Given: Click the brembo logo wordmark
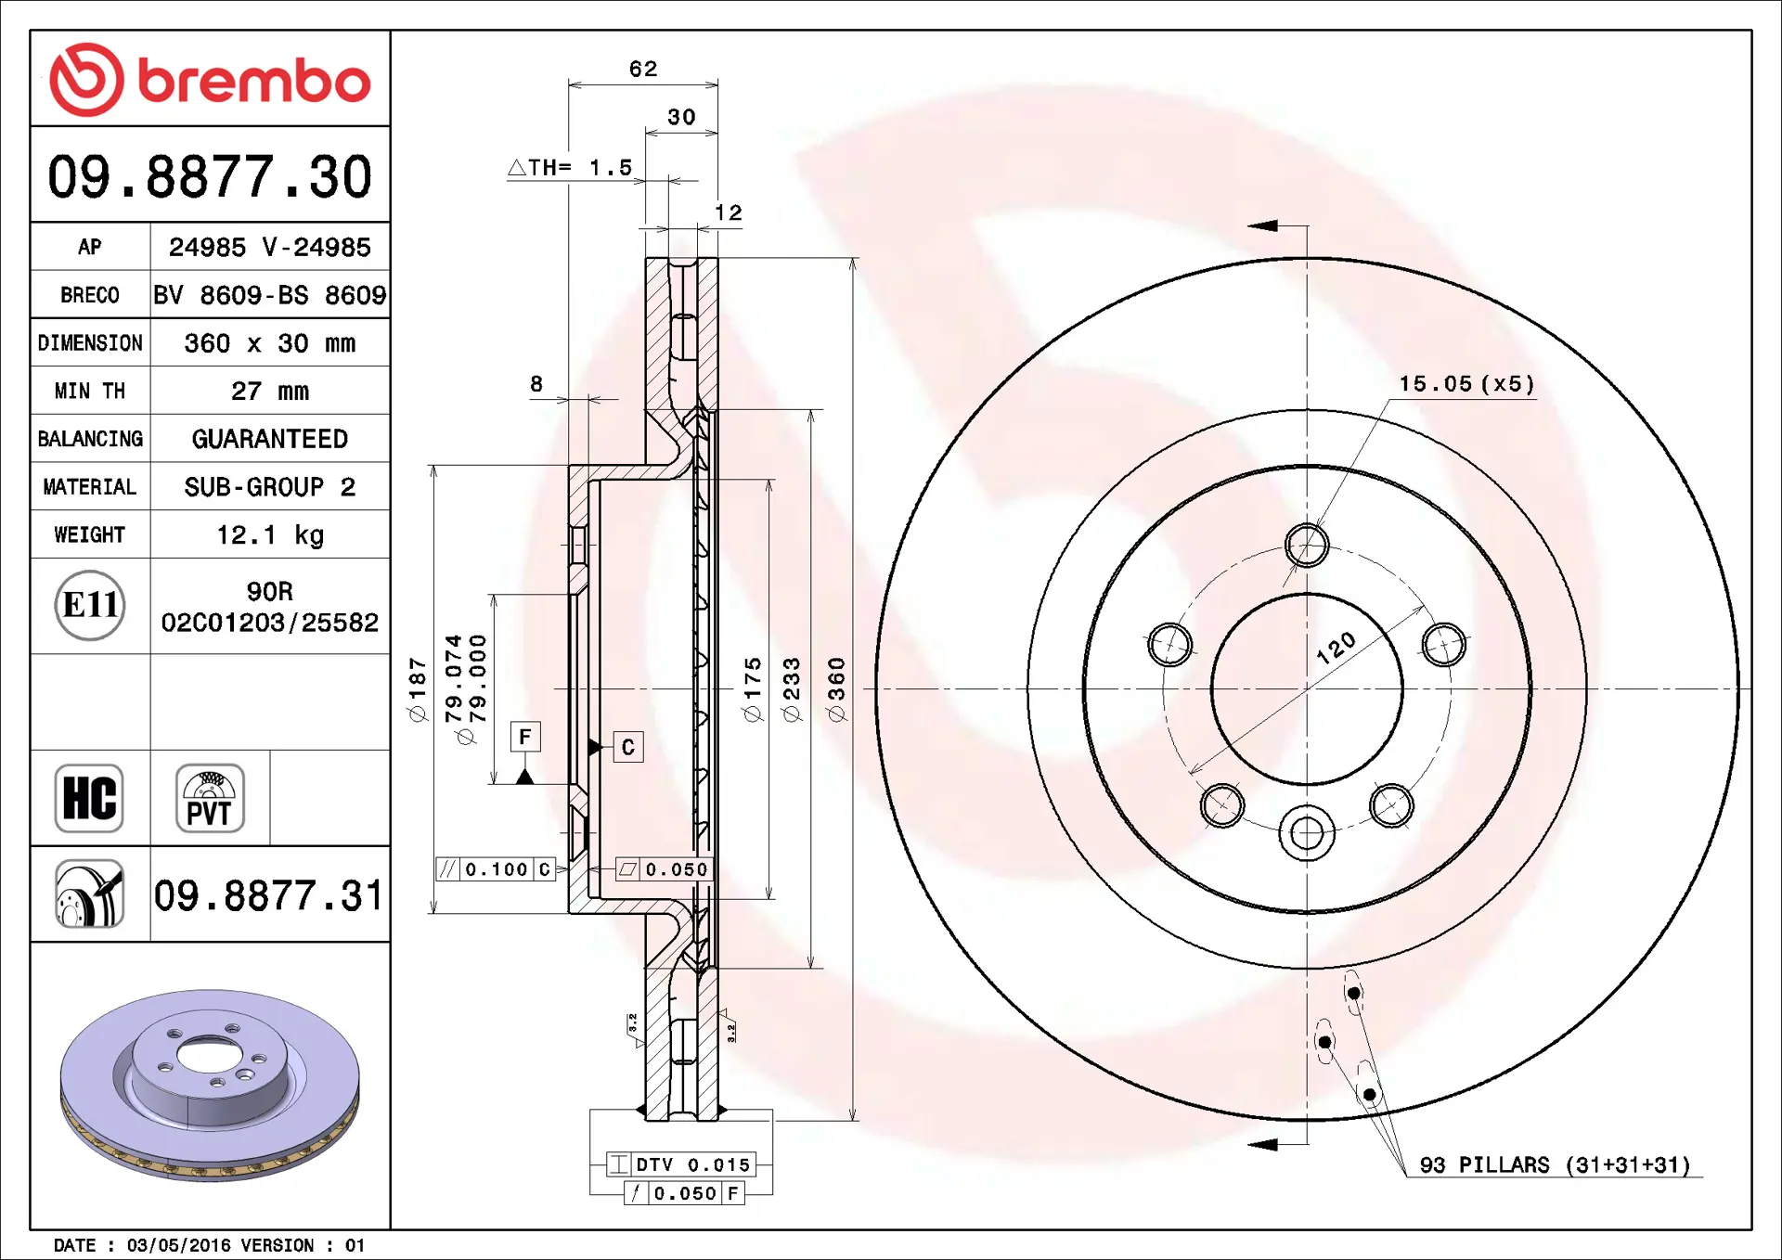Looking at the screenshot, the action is click(254, 81).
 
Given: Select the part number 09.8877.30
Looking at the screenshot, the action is click(210, 176).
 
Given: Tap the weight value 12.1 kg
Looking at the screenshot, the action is click(270, 535).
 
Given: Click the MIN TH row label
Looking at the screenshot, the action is click(90, 391).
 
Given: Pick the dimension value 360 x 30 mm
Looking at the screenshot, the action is click(270, 343).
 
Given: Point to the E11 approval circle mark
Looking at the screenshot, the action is click(90, 605).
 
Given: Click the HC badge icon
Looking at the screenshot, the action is click(89, 798).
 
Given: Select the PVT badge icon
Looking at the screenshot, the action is click(210, 798).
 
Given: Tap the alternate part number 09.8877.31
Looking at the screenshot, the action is click(269, 895).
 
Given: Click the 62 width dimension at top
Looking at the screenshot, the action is click(643, 69).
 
